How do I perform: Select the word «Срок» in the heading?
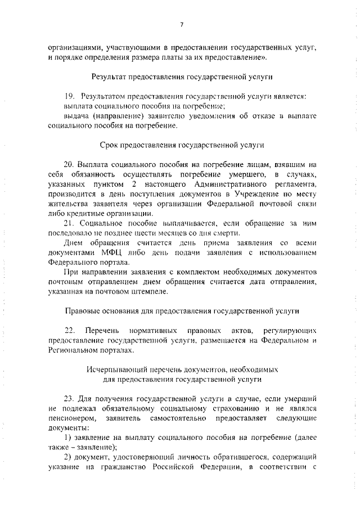[x=109, y=145]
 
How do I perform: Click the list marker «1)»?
[x=67, y=438]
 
